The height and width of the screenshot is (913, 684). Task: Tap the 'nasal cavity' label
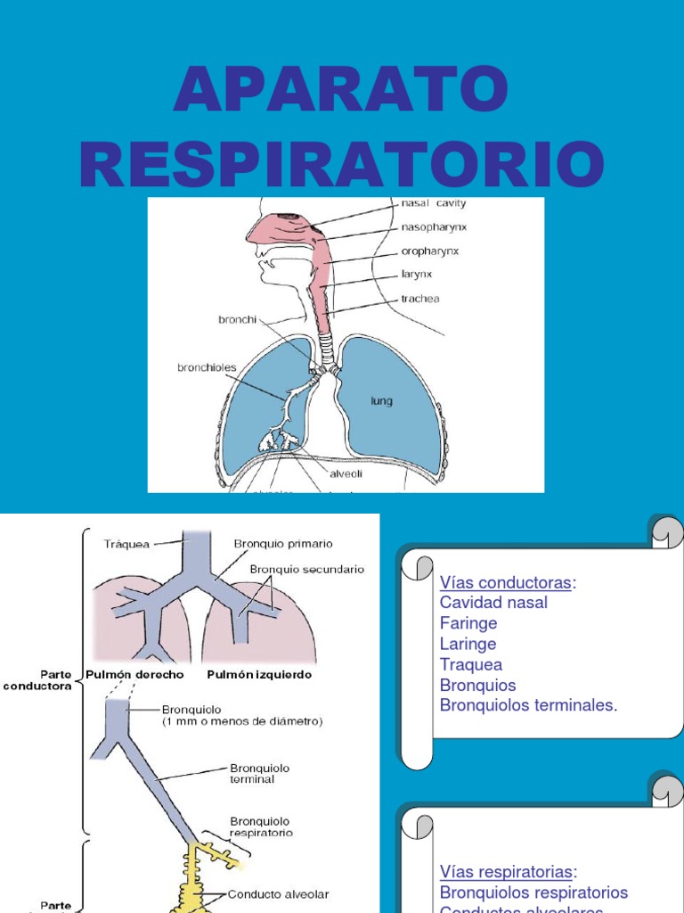click(435, 204)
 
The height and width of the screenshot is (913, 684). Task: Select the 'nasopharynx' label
click(435, 227)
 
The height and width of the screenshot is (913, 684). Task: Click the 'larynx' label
click(417, 275)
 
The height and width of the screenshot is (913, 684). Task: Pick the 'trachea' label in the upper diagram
click(419, 299)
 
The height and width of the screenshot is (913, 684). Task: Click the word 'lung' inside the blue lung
click(381, 401)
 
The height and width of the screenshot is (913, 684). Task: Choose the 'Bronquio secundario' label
click(306, 569)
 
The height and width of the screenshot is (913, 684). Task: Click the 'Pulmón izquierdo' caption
click(259, 675)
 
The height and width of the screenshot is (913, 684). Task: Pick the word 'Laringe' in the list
click(468, 644)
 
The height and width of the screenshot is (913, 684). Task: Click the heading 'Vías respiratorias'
click(508, 871)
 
